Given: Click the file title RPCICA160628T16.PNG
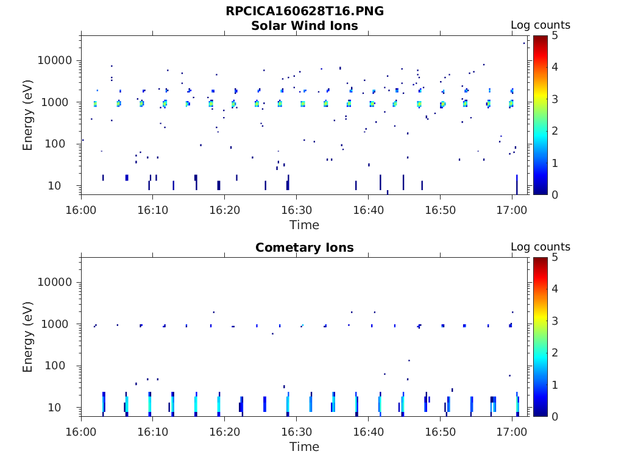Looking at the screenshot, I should click(305, 12).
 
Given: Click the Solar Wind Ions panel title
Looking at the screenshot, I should click(305, 26).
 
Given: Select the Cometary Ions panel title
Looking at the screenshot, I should click(305, 248).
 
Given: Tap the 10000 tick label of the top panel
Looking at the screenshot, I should click(55, 60).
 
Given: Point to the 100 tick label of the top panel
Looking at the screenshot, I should click(62, 144).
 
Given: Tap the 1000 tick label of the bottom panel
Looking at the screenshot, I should click(58, 324).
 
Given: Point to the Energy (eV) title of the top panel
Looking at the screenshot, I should click(28, 115).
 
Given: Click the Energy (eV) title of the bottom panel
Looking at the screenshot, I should click(28, 336).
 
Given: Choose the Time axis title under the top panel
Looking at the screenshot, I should click(304, 225).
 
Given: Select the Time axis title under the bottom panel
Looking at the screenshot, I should click(304, 447).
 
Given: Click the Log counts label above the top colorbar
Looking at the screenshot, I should click(540, 26).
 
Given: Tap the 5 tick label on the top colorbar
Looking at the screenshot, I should click(555, 35).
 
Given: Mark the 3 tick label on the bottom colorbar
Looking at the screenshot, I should click(555, 321).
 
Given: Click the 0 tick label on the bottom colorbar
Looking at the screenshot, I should click(555, 416).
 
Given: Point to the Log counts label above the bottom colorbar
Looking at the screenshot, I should click(540, 247).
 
